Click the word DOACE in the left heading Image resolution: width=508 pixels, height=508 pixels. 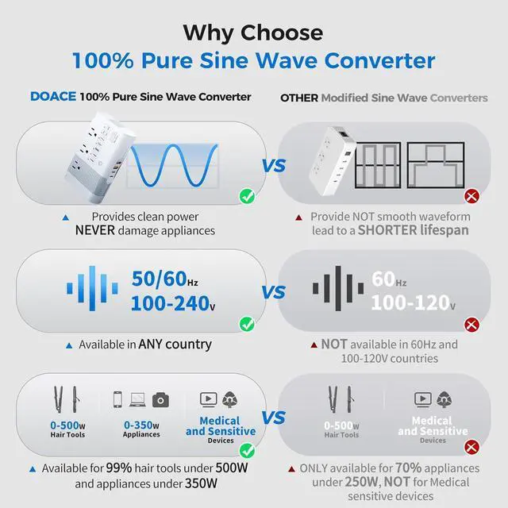click(53, 97)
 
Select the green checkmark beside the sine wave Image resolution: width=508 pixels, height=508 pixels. click(246, 195)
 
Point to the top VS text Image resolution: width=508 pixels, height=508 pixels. click(273, 166)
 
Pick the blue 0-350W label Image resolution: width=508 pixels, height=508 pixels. click(141, 425)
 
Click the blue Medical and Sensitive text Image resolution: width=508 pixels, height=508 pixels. click(221, 426)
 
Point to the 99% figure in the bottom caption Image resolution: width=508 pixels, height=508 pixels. click(144, 468)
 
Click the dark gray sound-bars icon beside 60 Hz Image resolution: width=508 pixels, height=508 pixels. click(337, 291)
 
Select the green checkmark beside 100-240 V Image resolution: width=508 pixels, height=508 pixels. click(246, 323)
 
